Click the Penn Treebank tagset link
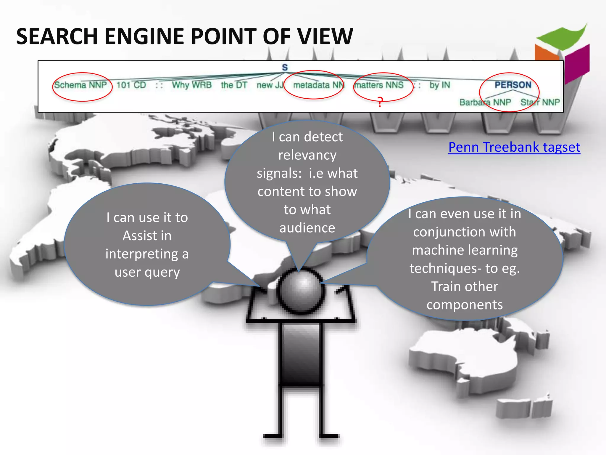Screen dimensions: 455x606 (514, 147)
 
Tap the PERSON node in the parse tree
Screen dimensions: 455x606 (513, 85)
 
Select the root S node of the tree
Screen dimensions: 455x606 (285, 68)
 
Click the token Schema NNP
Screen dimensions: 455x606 (80, 85)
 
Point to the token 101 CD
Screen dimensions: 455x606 (131, 85)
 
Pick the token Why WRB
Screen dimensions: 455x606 (192, 85)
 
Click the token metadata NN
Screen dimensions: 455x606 (318, 85)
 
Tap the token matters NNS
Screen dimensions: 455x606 (379, 85)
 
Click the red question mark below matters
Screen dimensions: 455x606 (380, 102)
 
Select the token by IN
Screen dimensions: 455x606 (440, 85)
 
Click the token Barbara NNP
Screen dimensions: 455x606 (485, 102)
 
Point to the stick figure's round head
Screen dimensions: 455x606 (300, 290)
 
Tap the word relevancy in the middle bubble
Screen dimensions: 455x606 (307, 155)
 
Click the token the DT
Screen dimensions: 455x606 (234, 85)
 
